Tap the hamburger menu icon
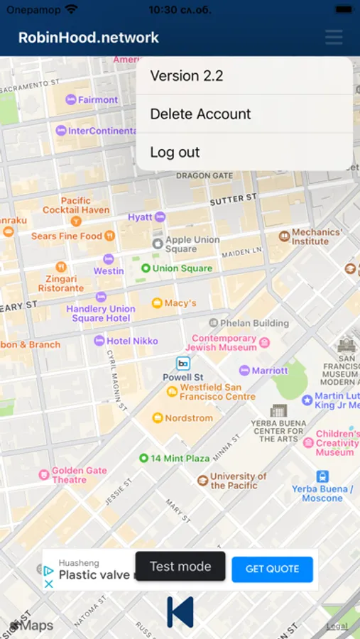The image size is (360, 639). [x=334, y=38]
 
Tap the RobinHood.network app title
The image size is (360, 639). [x=89, y=38]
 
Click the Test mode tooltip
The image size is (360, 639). [x=180, y=566]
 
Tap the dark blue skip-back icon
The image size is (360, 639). [x=180, y=611]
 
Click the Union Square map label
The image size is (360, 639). [x=181, y=268]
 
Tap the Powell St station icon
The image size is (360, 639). [x=183, y=364]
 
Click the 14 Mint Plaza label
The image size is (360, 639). [x=179, y=459]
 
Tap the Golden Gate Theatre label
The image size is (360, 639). [x=78, y=475]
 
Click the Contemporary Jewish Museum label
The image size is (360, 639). [x=223, y=343]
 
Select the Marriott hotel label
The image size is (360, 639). [x=268, y=370]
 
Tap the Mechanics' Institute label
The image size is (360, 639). [x=316, y=236]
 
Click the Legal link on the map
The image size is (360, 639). [x=337, y=626]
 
